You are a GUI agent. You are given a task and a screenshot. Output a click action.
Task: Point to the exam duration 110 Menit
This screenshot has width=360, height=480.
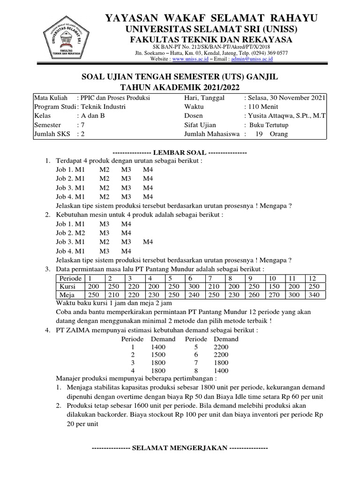click(260, 106)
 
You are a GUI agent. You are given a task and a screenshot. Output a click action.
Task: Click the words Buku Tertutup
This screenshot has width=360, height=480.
click(269, 125)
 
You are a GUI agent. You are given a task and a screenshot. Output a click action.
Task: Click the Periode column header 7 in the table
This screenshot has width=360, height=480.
click(213, 278)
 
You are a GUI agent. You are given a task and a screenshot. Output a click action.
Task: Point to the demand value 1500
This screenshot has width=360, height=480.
click(158, 356)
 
